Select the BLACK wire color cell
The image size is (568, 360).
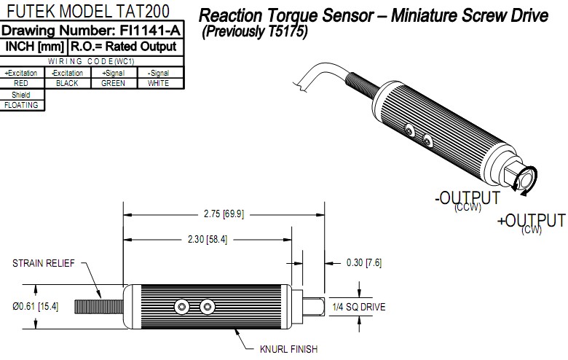(67, 83)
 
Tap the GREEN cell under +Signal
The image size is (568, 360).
(113, 83)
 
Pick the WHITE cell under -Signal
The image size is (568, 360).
(158, 83)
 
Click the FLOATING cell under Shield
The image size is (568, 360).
(21, 105)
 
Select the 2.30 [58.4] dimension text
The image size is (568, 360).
(207, 239)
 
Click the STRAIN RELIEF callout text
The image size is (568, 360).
(42, 263)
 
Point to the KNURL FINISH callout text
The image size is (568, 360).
(289, 349)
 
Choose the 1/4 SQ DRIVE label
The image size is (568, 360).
(358, 307)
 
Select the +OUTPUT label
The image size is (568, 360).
(531, 221)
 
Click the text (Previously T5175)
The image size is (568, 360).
(255, 33)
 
